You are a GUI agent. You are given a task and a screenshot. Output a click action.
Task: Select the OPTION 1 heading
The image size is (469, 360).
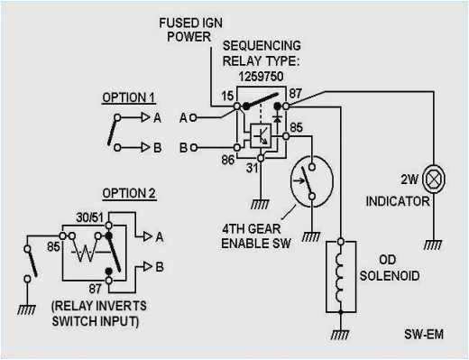[x=127, y=97]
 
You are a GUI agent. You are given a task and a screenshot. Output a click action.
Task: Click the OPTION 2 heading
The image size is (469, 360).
[x=129, y=192]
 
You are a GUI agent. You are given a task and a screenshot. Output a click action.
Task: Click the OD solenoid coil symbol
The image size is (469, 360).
[x=340, y=272]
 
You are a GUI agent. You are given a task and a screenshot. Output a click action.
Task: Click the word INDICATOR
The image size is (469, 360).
[x=399, y=201]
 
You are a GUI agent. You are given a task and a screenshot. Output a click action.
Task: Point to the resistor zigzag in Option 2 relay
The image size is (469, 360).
[x=86, y=250]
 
